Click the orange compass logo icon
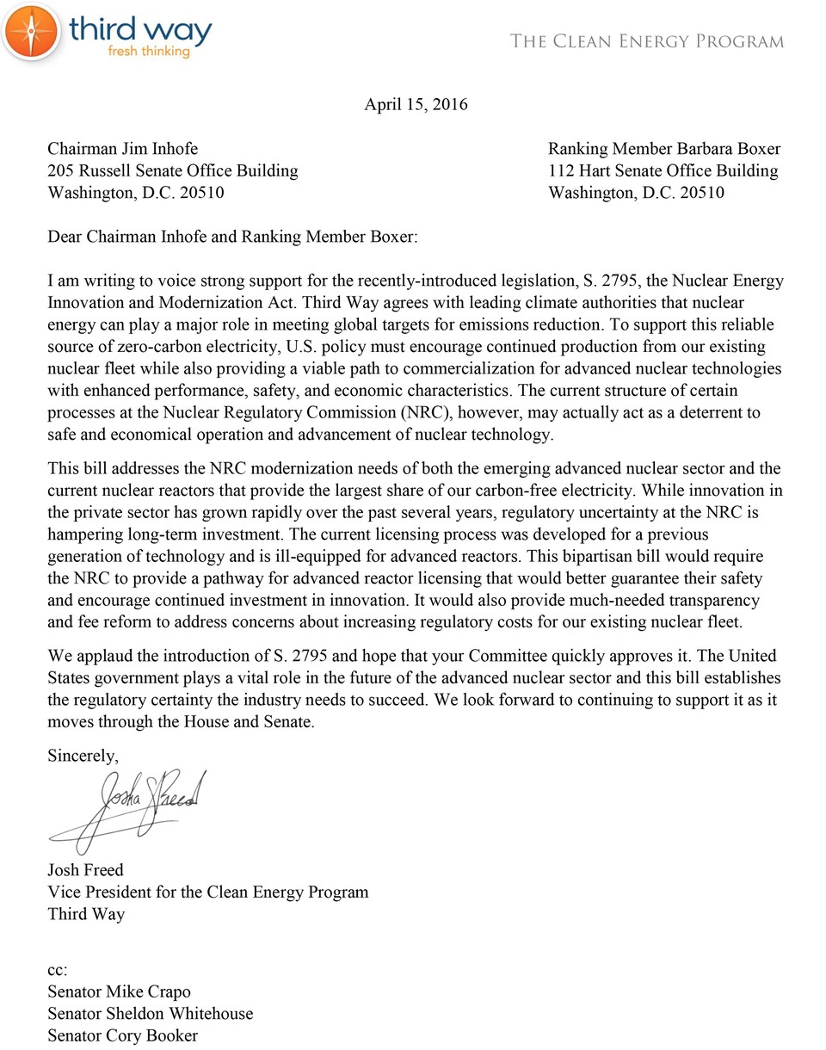tap(31, 31)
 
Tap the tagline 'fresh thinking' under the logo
tap(148, 52)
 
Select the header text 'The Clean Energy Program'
tap(647, 41)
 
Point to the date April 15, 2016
tap(416, 105)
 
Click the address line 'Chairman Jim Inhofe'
tap(122, 149)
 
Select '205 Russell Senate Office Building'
tap(172, 170)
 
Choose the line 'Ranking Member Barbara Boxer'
tap(664, 149)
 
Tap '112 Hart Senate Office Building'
tap(663, 170)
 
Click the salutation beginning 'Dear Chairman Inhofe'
tap(232, 236)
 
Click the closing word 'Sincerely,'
tap(83, 757)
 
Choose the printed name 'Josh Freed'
tap(85, 869)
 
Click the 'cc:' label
tap(57, 970)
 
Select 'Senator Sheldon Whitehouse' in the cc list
tap(150, 1013)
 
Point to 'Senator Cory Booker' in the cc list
tap(122, 1035)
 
